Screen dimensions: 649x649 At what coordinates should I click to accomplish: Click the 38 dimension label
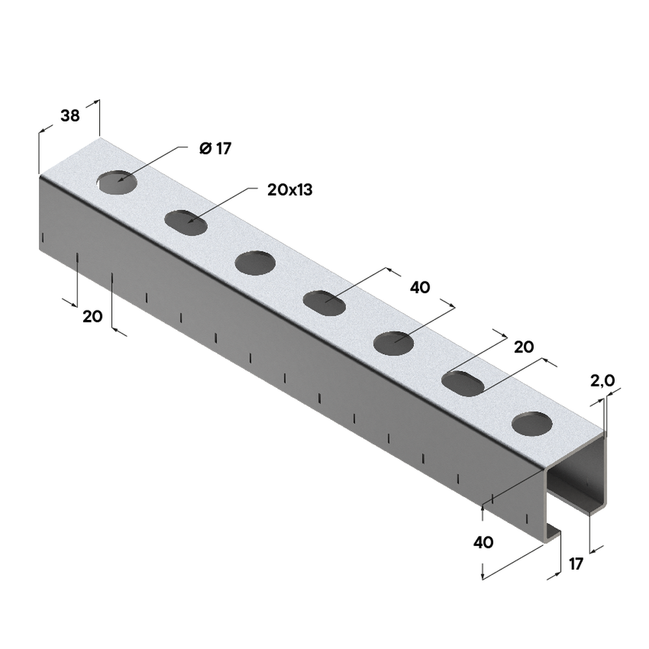coord(69,116)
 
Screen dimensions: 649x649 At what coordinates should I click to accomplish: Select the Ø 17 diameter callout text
coord(215,149)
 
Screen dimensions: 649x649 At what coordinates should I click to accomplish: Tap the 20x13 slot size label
coord(290,190)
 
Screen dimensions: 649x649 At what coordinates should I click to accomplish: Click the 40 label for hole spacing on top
coord(420,288)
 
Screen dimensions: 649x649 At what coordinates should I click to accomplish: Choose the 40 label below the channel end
coord(484,541)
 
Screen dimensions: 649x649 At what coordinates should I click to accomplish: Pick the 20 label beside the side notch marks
coord(92,317)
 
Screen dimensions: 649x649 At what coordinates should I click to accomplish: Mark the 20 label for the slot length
coord(523,347)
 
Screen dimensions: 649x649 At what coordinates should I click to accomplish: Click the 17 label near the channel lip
coord(576,563)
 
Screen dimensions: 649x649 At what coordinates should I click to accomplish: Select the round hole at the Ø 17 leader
coord(117,183)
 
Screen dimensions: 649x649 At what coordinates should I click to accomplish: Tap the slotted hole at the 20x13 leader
coord(186,222)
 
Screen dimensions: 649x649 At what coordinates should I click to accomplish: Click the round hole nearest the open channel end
coord(532,423)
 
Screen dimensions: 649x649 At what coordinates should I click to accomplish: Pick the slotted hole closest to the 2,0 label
coord(463,383)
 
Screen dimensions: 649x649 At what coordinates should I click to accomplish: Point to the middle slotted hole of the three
coord(324,302)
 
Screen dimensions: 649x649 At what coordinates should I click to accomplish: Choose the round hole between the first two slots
coord(255,262)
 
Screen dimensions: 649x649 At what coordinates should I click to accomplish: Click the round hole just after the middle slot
coord(394,343)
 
